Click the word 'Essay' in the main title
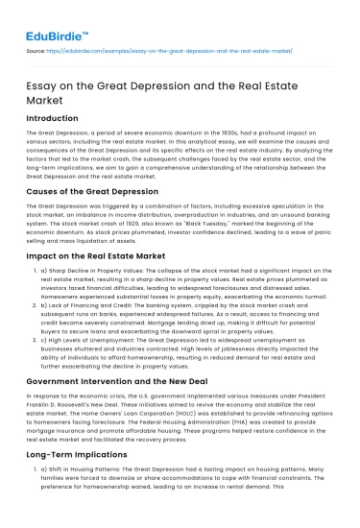tap(43, 84)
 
